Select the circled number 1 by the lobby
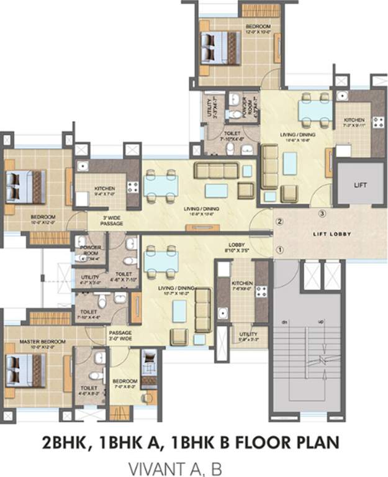(279, 250)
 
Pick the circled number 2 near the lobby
(279, 221)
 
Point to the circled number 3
(322, 214)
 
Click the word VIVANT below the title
(150, 466)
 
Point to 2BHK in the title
(66, 442)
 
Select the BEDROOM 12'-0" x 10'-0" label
(258, 29)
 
